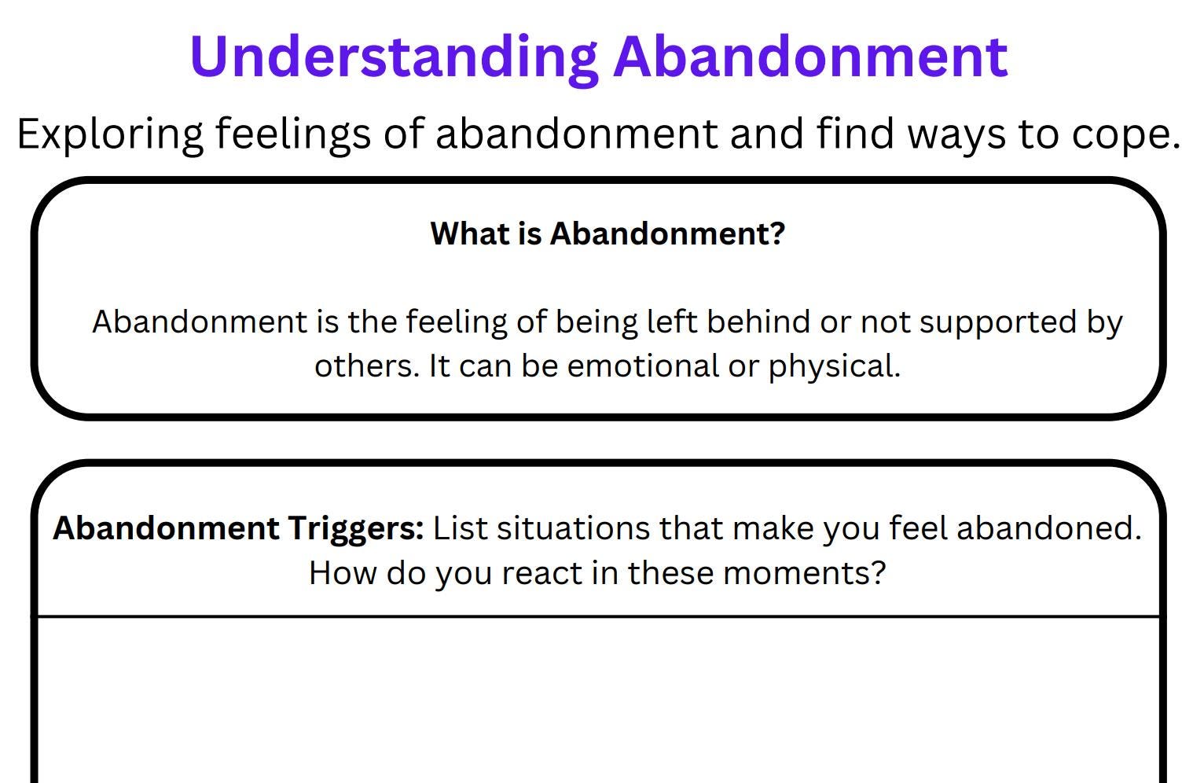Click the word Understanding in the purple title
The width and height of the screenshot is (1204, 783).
(x=394, y=57)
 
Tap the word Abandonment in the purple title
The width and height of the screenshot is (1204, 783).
(x=810, y=57)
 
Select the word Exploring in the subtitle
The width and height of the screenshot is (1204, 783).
(x=110, y=134)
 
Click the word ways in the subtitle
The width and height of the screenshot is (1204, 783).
(x=956, y=134)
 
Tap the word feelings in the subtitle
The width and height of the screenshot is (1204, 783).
(x=292, y=134)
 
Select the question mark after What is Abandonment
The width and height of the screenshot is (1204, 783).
(x=777, y=233)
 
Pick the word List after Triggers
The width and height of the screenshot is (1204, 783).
(x=460, y=528)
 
